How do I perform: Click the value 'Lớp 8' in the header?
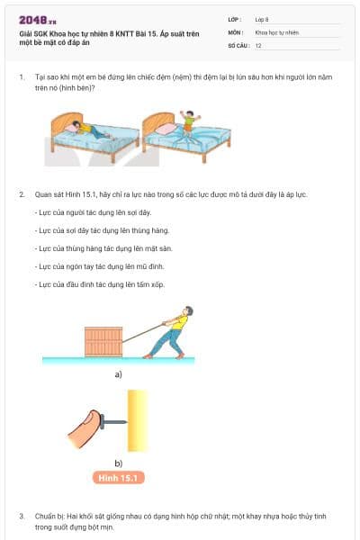click(x=262, y=18)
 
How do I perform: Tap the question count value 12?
click(x=258, y=44)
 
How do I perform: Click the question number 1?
click(x=22, y=78)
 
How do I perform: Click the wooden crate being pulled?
click(x=103, y=341)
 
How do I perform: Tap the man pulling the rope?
click(x=174, y=333)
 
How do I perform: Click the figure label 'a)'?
click(x=118, y=373)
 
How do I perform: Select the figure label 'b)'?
click(x=118, y=463)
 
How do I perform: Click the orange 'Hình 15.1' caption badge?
click(x=118, y=478)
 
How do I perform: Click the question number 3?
click(x=22, y=517)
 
